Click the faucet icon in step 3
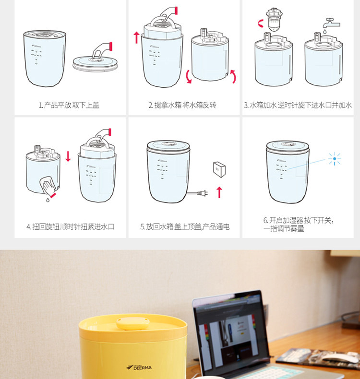pos(331,23)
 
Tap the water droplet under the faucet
pos(324,31)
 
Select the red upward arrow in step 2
pos(137,37)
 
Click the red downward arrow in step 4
pos(68,156)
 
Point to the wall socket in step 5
pos(219,169)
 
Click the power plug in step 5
pos(203,193)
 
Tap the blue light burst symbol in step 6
pos(335,159)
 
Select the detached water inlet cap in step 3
pos(274,19)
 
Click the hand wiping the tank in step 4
pos(49,186)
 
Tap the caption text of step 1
pos(69,105)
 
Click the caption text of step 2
pos(182,105)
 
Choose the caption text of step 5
pos(185,227)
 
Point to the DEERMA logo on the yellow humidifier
pos(139,367)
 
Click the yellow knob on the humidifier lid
pos(132,323)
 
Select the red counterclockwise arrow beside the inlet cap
pos(260,24)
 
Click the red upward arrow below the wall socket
pos(219,192)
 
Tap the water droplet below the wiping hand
pos(48,200)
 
